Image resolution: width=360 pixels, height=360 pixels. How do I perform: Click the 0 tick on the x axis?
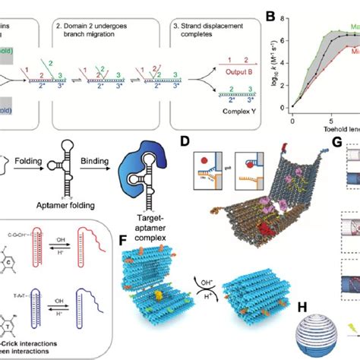point(293,119)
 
